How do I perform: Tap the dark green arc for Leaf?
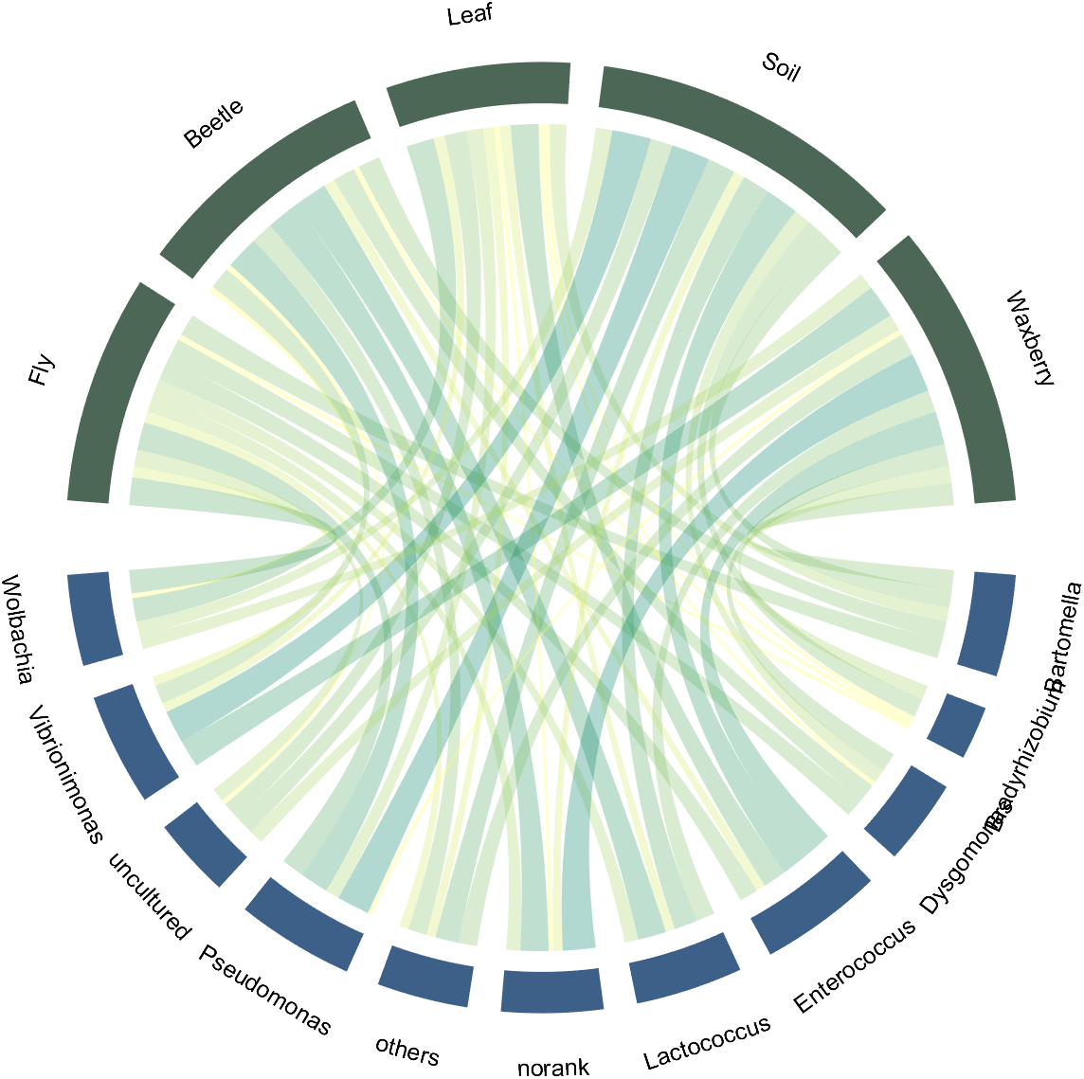point(479,93)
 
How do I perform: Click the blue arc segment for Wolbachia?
point(94,618)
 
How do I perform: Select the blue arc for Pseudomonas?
point(304,924)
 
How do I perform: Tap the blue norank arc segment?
point(551,990)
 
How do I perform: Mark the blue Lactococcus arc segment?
point(684,967)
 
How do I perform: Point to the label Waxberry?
point(1031,338)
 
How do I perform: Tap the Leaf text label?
point(470,14)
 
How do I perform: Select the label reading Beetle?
point(213,123)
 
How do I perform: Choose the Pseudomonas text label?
point(265,990)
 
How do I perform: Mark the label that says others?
point(407,1051)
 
